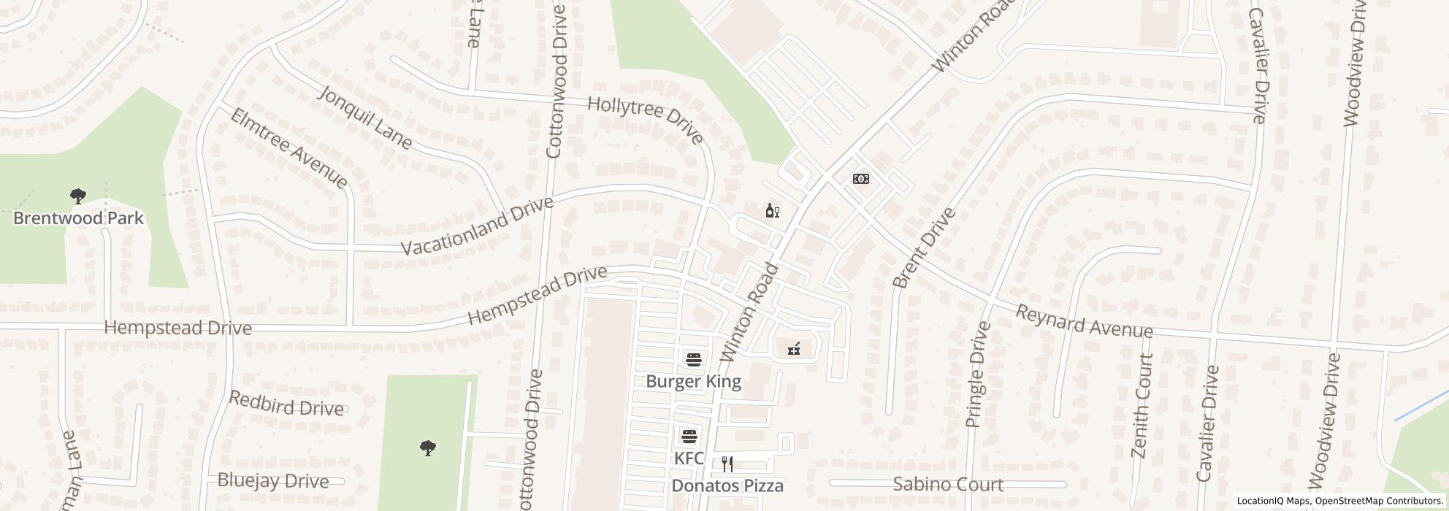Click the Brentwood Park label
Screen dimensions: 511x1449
pos(78,218)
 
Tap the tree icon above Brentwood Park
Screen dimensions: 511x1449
pos(78,196)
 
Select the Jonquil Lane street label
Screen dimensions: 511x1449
pos(366,118)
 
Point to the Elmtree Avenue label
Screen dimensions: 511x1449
pos(289,148)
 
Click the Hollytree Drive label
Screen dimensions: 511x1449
pos(645,120)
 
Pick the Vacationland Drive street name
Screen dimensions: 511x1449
pos(478,226)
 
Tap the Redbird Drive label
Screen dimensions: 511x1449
pos(286,404)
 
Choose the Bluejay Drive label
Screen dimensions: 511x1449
pos(273,481)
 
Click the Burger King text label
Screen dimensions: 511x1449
pos(693,381)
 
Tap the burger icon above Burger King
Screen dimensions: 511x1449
pos(693,359)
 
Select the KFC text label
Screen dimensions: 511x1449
pos(689,458)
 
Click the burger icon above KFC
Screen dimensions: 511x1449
pos(689,437)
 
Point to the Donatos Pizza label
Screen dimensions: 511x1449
pos(727,485)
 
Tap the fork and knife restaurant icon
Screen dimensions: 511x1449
pos(727,464)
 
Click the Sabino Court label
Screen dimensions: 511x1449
pos(948,484)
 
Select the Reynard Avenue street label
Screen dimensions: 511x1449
pos(1084,321)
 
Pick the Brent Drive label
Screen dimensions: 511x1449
pos(924,248)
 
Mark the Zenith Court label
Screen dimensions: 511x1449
pos(1142,406)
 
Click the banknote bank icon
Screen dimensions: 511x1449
pos(861,179)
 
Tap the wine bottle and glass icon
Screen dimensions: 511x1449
pos(772,211)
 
